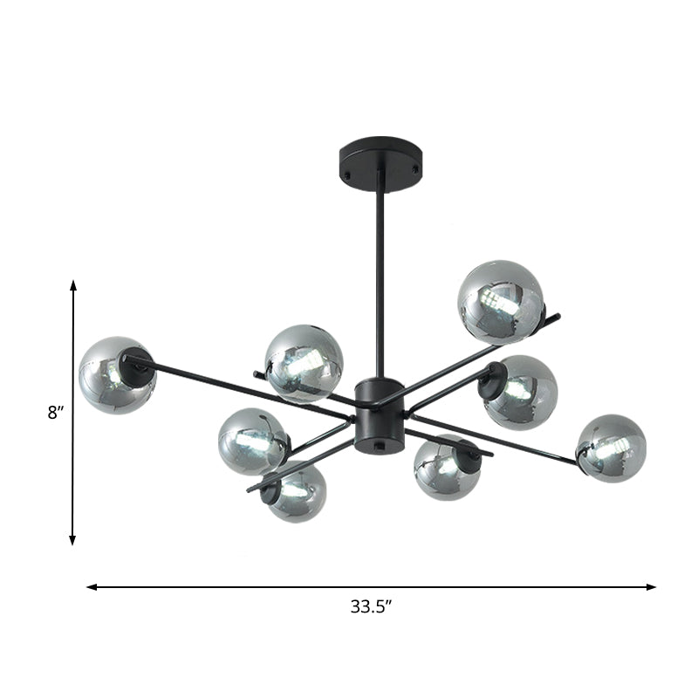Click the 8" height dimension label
(57, 412)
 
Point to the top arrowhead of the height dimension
(73, 285)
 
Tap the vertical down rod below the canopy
(380, 279)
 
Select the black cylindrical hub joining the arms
(379, 410)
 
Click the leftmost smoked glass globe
(117, 375)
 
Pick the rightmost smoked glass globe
(611, 448)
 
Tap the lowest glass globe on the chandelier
(295, 491)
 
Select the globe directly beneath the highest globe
(521, 393)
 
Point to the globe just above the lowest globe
(253, 441)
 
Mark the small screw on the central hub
(379, 444)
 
